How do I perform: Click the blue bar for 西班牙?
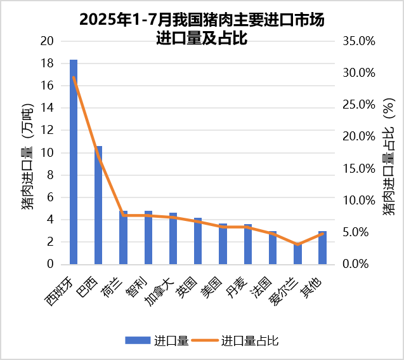coord(74,162)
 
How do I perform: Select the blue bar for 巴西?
coord(98,205)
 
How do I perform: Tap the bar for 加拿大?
coord(173,238)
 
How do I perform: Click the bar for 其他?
coord(322,248)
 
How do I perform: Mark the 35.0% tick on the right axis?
coord(359,41)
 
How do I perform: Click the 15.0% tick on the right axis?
coord(359,169)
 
